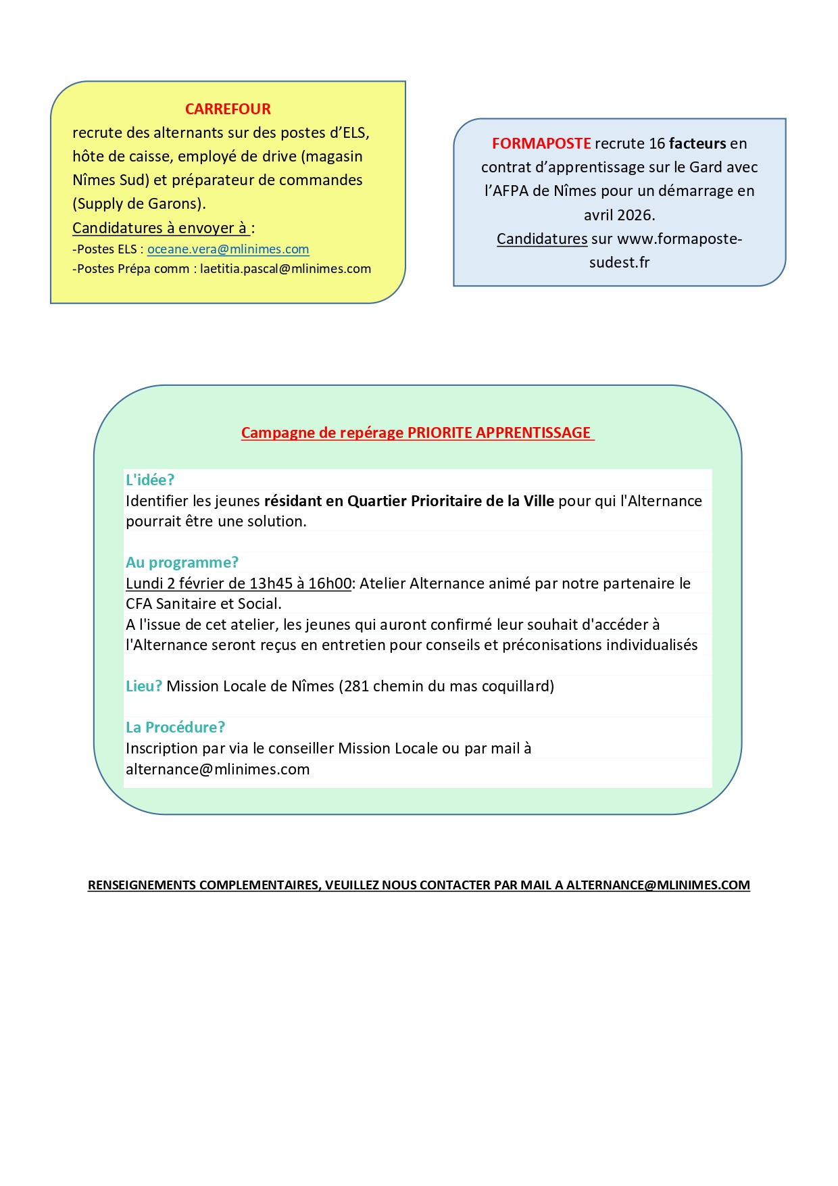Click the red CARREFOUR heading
228,109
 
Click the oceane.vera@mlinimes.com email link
228,249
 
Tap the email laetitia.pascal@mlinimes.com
285,269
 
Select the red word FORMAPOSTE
541,143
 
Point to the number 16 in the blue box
657,143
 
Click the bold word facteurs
697,143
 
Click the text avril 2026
619,215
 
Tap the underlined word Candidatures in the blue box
542,239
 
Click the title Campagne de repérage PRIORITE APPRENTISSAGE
416,433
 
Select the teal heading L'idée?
150,480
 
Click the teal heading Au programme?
182,562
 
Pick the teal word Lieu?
144,686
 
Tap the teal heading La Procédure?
175,727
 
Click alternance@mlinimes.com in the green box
218,769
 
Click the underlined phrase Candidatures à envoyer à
159,228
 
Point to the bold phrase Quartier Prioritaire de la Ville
451,501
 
